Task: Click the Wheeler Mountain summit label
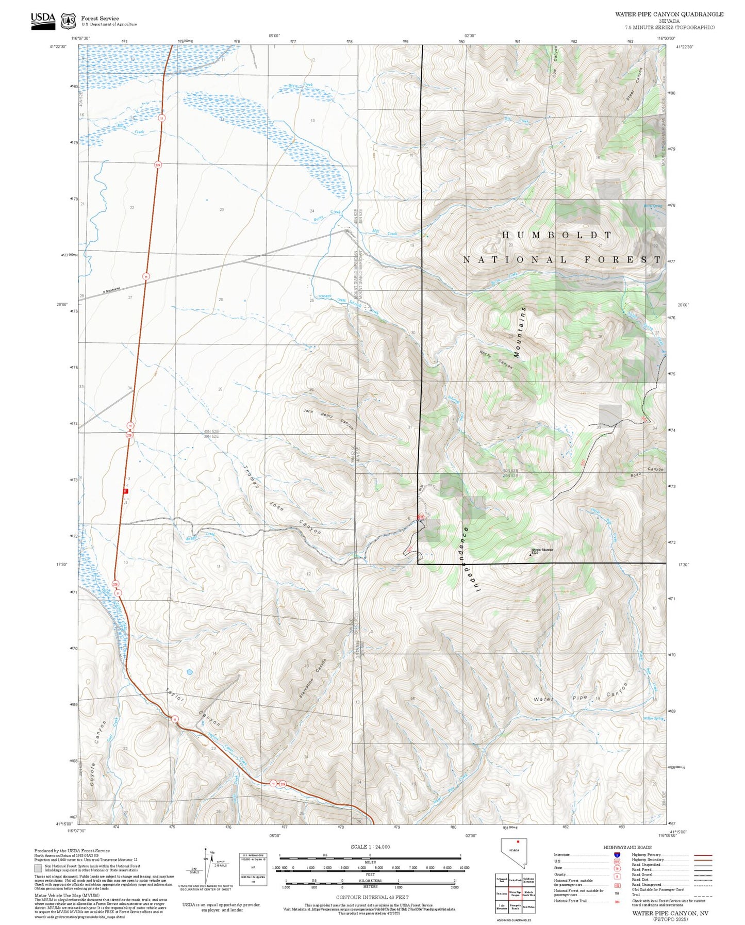click(x=542, y=551)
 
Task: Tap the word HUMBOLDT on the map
click(x=557, y=235)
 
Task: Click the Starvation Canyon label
click(x=312, y=679)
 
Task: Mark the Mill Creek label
click(x=385, y=233)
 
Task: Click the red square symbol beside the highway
click(x=125, y=491)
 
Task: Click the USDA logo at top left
click(x=43, y=20)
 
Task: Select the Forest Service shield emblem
click(x=68, y=21)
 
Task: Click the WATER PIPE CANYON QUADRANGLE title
click(x=669, y=14)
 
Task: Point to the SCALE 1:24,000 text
click(x=370, y=847)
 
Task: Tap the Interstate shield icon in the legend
click(x=617, y=854)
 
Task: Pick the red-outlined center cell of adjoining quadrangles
click(x=515, y=895)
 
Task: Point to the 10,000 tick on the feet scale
click(x=464, y=868)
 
